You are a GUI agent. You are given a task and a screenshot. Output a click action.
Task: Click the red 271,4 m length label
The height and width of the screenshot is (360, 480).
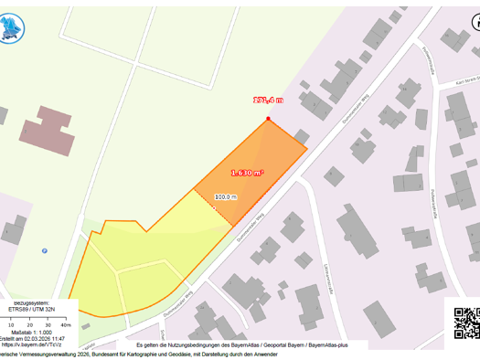pos(268,101)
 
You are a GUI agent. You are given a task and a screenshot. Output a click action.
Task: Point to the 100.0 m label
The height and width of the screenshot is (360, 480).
pos(226,196)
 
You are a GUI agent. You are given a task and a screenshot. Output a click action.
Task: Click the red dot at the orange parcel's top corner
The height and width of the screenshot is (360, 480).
pos(268,120)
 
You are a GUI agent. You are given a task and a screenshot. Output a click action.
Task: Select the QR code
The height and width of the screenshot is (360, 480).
pos(466,322)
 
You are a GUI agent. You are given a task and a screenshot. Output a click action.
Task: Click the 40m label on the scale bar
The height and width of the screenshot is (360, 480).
pos(66,324)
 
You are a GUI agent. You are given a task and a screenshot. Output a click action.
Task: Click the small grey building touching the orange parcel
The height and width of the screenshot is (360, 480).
pos(301,136)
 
